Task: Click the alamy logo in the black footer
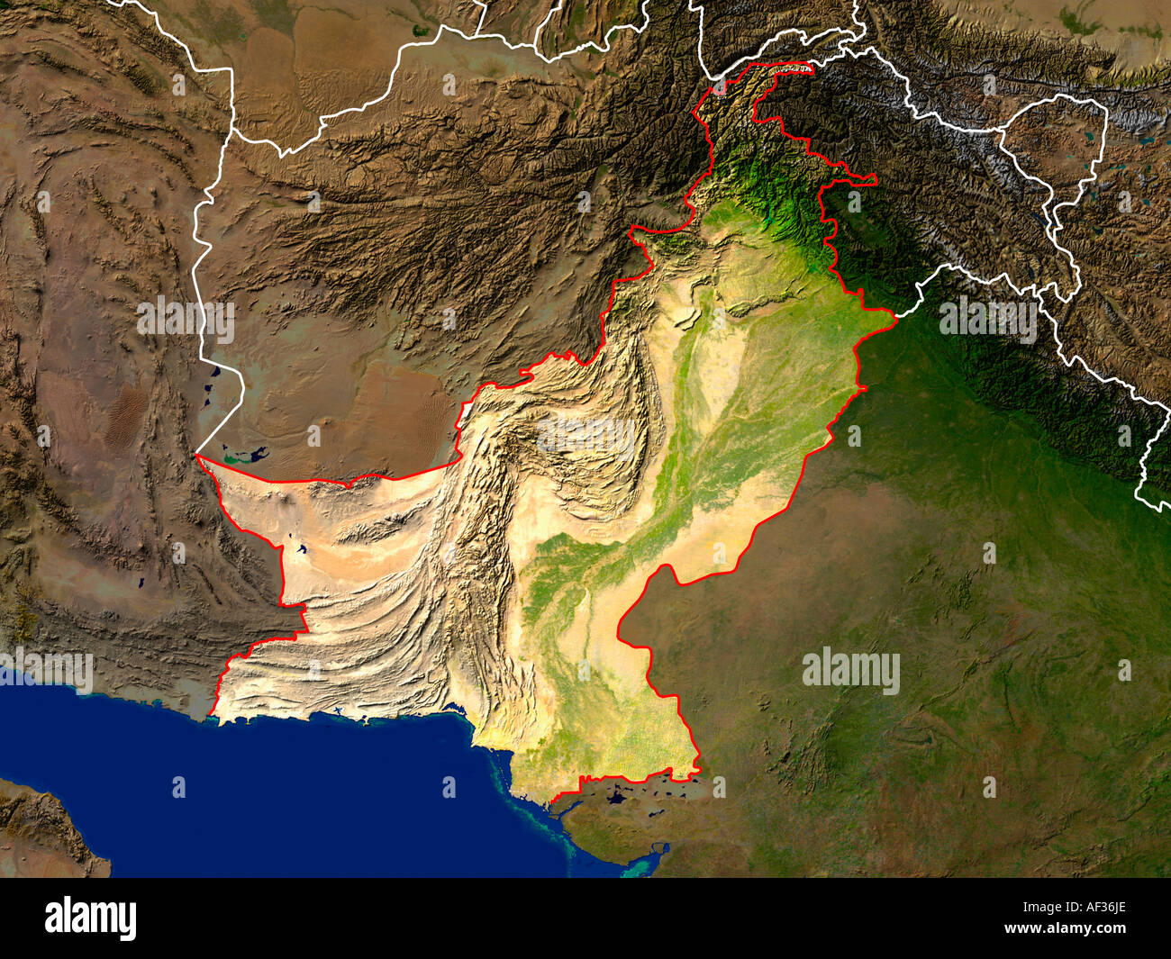[x=91, y=918]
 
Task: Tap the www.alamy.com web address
[x=1087, y=928]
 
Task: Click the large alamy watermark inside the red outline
[x=586, y=435]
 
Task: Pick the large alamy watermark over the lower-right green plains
[x=850, y=672]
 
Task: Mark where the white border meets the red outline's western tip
[x=196, y=457]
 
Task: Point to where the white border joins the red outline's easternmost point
[x=895, y=315]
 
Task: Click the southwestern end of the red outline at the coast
[x=213, y=715]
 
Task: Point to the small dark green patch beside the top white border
[x=421, y=30]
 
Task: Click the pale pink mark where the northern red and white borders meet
[x=718, y=87]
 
